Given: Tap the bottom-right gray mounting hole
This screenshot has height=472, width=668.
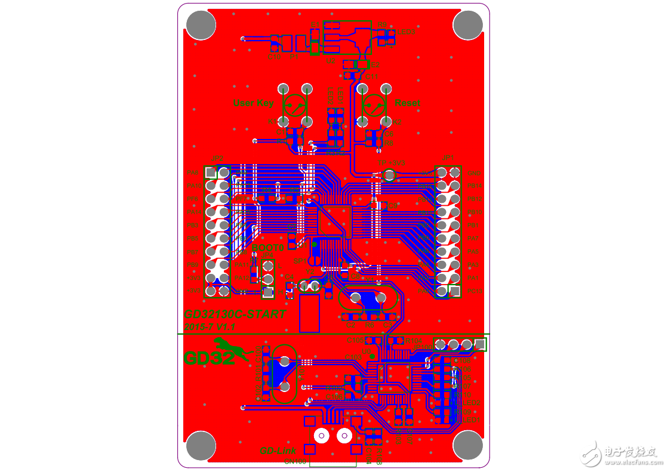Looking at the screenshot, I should point(467,445).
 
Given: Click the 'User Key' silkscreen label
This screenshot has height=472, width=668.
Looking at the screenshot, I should point(253,103).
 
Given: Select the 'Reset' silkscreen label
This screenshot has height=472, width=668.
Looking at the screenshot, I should point(407,103).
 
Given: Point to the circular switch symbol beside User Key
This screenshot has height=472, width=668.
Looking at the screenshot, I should point(294,106).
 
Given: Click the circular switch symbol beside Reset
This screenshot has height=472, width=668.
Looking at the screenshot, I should point(374,106).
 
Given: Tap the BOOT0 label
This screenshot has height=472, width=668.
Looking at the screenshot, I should point(268,248).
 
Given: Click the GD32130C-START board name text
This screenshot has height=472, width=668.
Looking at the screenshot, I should point(235,314).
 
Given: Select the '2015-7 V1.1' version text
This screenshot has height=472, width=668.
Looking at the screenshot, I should point(210,327).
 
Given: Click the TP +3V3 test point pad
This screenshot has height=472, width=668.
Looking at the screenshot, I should point(389,175).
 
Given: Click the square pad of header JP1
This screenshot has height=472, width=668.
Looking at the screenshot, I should point(455,291).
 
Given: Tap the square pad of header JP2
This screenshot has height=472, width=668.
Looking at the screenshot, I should point(210,172).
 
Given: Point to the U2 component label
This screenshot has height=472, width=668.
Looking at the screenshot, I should point(330,60).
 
